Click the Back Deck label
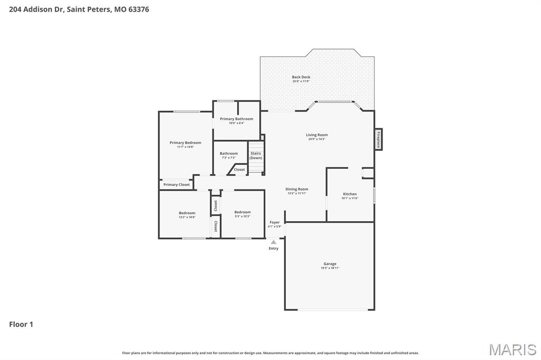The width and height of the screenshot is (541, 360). [x=301, y=77]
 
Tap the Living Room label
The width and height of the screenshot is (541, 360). [x=316, y=135]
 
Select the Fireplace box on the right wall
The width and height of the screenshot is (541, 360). [x=378, y=139]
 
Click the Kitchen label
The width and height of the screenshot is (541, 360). [x=350, y=194]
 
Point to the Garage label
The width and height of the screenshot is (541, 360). [x=330, y=264]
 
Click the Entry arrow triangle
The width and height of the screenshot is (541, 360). [x=274, y=242]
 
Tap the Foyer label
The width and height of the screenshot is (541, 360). [x=275, y=222]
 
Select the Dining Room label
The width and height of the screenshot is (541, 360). [x=296, y=189]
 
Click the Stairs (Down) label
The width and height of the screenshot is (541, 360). [x=256, y=156]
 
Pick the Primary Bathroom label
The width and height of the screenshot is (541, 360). [x=236, y=119]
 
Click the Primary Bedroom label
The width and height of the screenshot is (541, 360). [x=185, y=143]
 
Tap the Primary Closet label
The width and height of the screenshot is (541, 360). [x=176, y=185]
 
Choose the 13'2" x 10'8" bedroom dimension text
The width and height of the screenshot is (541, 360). [x=187, y=217]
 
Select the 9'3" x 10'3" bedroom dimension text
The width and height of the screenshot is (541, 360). [x=242, y=216]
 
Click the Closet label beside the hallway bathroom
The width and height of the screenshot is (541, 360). [x=239, y=169]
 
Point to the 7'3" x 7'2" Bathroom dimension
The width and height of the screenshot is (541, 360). [x=229, y=158]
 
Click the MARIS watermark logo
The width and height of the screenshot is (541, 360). [x=512, y=349]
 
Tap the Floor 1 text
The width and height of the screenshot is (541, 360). [x=21, y=324]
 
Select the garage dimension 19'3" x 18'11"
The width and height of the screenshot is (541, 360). [x=330, y=268]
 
